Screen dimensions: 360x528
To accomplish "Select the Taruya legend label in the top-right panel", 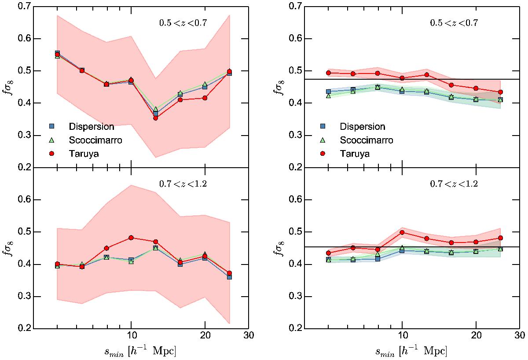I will pyautogui.click(x=355, y=154).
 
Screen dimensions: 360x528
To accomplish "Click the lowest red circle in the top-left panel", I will pyautogui.click(x=156, y=118).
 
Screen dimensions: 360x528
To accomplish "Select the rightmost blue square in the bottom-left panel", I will pyautogui.click(x=229, y=277).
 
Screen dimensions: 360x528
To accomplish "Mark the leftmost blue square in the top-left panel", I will pyautogui.click(x=57, y=53).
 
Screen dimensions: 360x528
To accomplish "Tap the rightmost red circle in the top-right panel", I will pyautogui.click(x=500, y=92).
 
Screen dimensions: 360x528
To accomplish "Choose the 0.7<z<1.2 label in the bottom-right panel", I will pyautogui.click(x=455, y=184).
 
